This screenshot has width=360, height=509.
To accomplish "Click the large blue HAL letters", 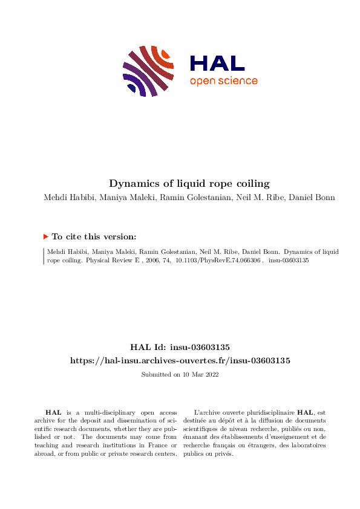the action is pyautogui.click(x=217, y=63).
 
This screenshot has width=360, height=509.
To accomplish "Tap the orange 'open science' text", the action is pyautogui.click(x=223, y=81).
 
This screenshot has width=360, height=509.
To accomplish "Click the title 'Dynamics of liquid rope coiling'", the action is pyautogui.click(x=180, y=183).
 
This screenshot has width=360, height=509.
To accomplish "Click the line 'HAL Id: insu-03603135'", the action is pyautogui.click(x=180, y=347).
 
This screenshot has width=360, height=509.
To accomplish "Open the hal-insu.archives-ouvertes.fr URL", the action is pyautogui.click(x=180, y=360).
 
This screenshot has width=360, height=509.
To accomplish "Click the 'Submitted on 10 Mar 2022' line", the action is pyautogui.click(x=180, y=375).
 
